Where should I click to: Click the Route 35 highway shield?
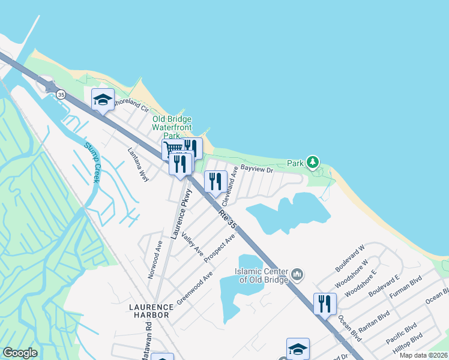click(x=61, y=95)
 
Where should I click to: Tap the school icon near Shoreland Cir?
click(x=103, y=100)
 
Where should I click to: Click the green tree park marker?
click(x=312, y=162)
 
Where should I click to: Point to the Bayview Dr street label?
click(x=257, y=170)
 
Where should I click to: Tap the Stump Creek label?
click(x=92, y=163)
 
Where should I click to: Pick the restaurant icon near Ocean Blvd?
click(x=325, y=302)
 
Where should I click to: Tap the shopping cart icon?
click(x=172, y=149)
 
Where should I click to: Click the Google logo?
click(x=20, y=353)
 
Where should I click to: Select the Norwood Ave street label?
click(x=155, y=260)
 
